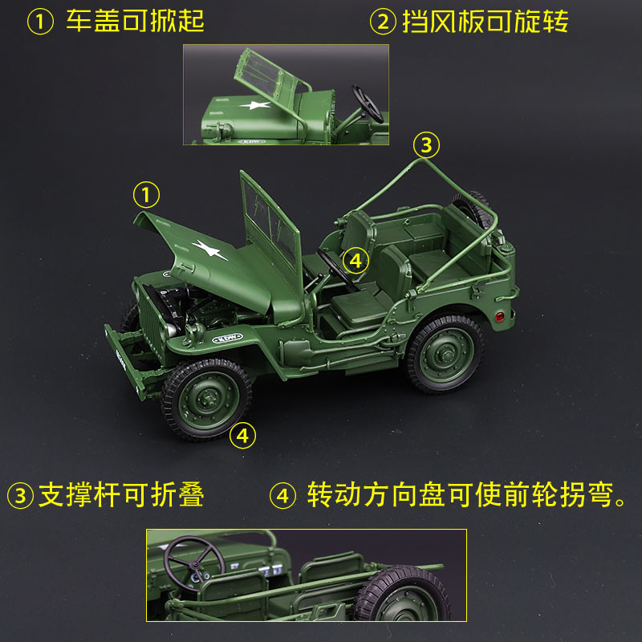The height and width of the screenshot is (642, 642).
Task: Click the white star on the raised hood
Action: [x=209, y=249]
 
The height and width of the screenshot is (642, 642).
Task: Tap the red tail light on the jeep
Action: [x=499, y=315]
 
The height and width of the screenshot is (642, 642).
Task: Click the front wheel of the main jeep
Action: [x=207, y=399]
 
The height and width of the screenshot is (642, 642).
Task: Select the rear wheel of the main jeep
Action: [x=445, y=353]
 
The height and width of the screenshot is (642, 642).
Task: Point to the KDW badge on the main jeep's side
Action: [x=227, y=339]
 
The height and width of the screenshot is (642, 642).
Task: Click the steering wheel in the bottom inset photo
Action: [x=194, y=563]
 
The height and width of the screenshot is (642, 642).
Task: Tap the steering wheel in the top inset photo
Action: [x=368, y=104]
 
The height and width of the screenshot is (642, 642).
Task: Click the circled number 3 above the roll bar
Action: [x=426, y=145]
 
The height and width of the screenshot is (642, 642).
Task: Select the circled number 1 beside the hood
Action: [x=146, y=194]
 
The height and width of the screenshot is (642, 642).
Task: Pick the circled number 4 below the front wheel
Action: [x=242, y=435]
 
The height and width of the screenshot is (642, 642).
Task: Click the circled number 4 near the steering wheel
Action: [x=356, y=261]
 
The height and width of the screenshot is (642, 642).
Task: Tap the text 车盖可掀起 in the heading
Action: [x=135, y=21]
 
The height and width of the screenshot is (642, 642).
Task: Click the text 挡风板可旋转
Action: [x=486, y=21]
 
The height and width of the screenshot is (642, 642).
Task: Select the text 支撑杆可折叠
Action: [x=121, y=494]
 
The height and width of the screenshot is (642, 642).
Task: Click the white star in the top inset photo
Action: [x=255, y=105]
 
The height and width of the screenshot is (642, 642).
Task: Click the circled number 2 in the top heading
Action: [x=383, y=22]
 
